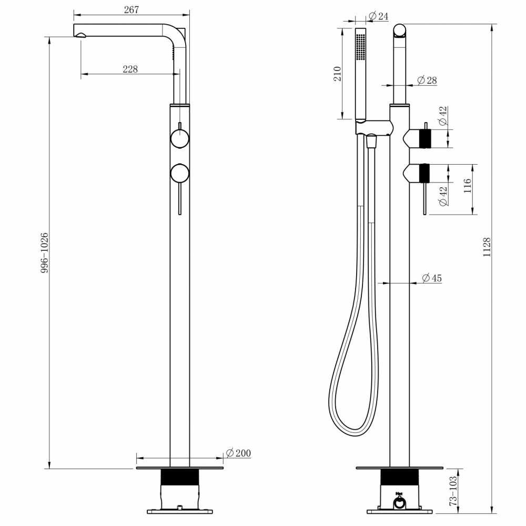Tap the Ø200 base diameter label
[238, 453]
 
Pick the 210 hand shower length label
[338, 73]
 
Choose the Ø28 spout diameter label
[427, 80]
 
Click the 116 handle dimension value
[467, 187]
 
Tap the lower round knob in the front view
[180, 173]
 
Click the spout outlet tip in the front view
[80, 36]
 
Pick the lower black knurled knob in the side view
[424, 173]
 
